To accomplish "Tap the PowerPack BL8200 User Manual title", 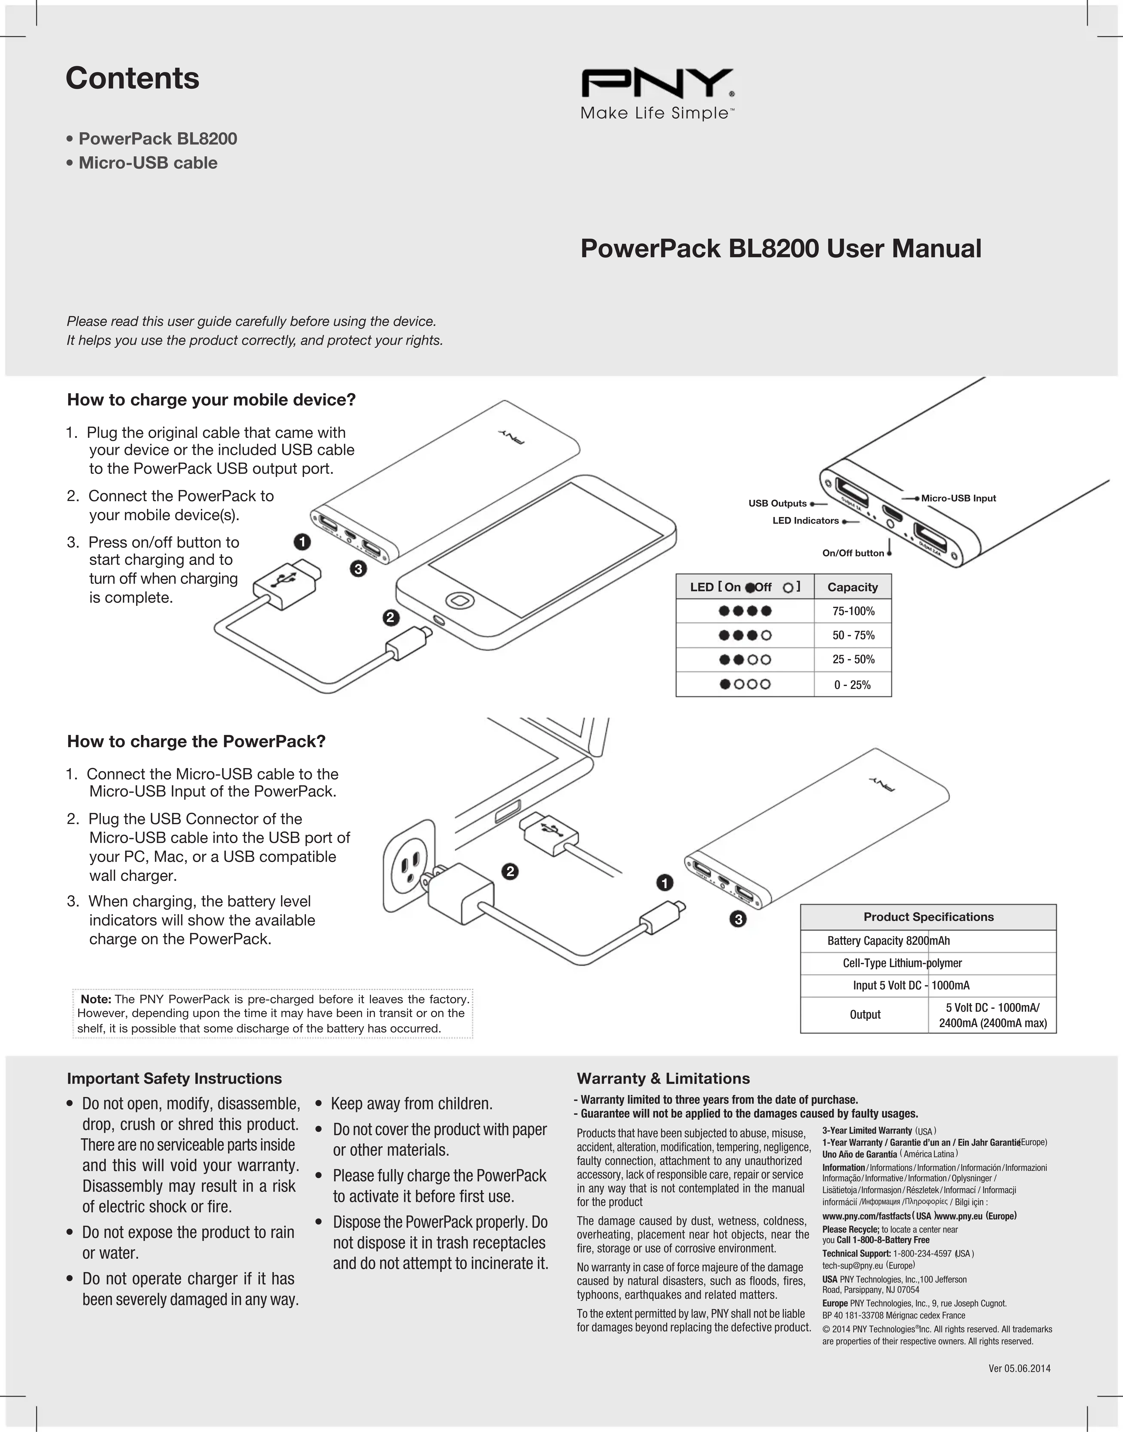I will tap(780, 249).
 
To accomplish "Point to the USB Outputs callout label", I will tap(777, 504).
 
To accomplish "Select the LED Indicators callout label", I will tap(806, 521).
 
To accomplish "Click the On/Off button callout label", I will tap(853, 553).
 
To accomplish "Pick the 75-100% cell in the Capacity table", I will tap(853, 611).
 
